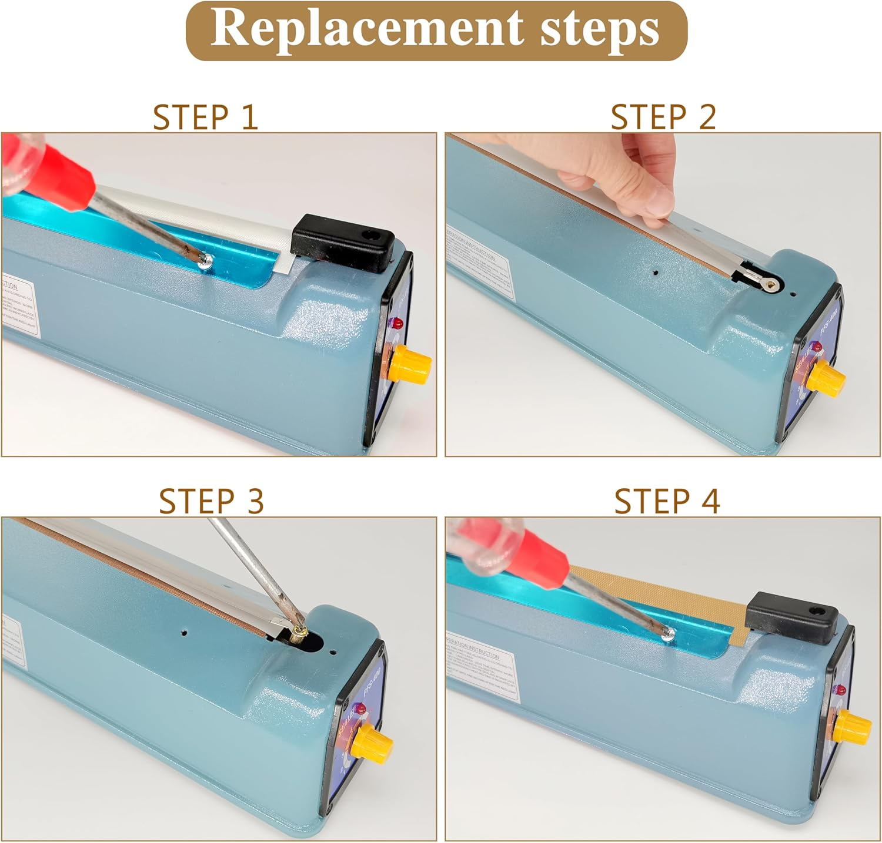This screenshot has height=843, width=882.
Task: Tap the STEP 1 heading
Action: click(205, 117)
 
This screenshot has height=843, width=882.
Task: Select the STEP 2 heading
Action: click(663, 117)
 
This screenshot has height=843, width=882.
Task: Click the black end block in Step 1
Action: click(342, 243)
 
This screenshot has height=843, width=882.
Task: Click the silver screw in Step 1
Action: click(205, 263)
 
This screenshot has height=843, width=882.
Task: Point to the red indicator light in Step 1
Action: click(397, 323)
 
